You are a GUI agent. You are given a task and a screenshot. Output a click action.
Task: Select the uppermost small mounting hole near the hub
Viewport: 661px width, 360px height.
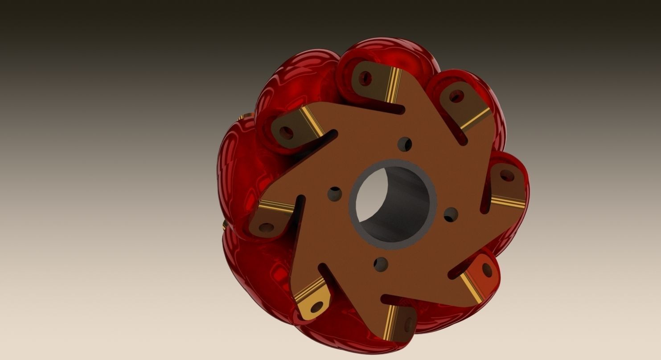pos(405,143)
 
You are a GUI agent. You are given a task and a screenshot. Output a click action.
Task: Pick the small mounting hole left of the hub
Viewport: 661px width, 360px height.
pos(334,193)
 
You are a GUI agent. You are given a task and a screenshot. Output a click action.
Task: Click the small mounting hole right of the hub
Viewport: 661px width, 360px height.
pos(451,214)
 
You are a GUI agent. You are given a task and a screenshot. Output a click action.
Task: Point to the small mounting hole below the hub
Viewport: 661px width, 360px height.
pos(381,264)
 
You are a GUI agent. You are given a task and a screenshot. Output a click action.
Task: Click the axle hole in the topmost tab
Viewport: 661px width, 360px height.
pos(366,78)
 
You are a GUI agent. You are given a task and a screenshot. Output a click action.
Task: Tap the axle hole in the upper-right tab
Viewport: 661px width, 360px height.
pos(456,96)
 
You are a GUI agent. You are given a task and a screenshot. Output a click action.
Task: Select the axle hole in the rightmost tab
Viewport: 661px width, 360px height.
pos(505,176)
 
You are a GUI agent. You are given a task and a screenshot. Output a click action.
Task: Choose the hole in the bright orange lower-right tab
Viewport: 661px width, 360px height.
pos(487,270)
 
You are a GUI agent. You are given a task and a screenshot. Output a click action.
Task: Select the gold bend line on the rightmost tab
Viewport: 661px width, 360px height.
pos(508,202)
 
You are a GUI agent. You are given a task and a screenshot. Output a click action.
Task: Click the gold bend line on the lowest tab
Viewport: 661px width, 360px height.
pos(390,317)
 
